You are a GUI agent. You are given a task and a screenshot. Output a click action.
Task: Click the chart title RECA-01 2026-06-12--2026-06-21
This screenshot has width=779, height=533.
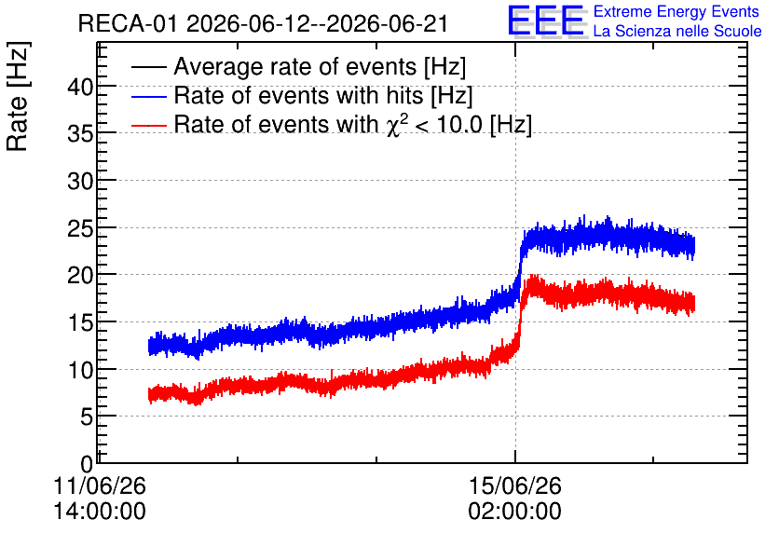[x=263, y=23]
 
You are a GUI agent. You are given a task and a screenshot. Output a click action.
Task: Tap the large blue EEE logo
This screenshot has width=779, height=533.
[x=545, y=20]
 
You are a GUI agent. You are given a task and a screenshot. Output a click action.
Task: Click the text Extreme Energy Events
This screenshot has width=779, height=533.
[x=676, y=11]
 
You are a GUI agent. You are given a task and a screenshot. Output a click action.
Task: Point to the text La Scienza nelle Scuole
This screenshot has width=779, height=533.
[x=677, y=31]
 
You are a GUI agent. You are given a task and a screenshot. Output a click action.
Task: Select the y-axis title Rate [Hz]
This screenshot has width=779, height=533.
[x=18, y=96]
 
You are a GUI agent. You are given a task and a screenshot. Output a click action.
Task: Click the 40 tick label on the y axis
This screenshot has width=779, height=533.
[x=80, y=88]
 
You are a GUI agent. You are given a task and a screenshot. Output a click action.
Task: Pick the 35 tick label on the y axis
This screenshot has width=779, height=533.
[x=80, y=134]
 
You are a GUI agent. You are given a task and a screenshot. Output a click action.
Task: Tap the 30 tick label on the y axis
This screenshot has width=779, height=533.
[x=80, y=182]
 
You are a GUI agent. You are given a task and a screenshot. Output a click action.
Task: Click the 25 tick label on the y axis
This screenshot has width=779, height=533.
[x=80, y=228]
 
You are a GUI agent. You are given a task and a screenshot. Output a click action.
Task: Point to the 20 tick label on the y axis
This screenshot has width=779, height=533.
[x=80, y=275]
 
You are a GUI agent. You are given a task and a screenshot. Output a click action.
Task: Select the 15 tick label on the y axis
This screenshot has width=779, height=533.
[x=80, y=323]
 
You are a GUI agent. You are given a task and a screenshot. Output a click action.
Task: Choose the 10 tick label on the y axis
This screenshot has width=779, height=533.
[x=80, y=370]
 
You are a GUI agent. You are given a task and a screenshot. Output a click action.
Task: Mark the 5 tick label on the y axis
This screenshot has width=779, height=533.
[x=87, y=417]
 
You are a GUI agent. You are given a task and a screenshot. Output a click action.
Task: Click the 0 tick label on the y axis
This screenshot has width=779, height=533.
[x=87, y=464]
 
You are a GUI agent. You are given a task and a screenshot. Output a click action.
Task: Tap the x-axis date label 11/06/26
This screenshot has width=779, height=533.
[x=100, y=485]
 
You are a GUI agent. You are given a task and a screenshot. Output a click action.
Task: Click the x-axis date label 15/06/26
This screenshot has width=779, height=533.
[x=514, y=485]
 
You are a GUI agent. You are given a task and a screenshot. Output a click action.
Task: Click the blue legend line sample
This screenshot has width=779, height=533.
[x=148, y=96]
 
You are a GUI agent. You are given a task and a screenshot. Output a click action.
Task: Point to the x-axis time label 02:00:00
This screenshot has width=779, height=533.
[x=514, y=511]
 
